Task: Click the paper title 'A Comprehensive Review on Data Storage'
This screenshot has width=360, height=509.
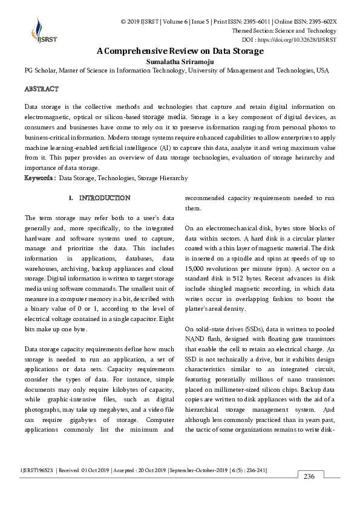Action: [180, 51]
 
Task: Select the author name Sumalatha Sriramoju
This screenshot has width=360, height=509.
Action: [180, 61]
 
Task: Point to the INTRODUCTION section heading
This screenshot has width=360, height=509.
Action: [104, 198]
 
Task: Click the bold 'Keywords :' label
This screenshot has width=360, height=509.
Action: [40, 178]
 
